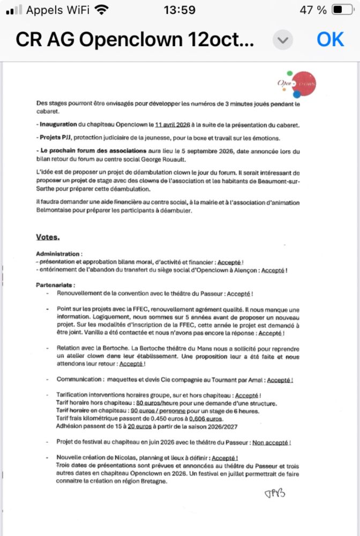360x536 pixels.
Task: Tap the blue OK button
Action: (x=330, y=39)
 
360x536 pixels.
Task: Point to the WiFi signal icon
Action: (x=100, y=10)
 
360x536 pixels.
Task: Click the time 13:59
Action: (x=180, y=10)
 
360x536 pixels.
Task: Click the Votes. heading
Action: (x=48, y=237)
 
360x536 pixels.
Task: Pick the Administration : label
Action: (x=59, y=253)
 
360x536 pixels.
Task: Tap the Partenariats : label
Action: (x=56, y=285)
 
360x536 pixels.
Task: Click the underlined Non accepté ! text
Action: (x=272, y=443)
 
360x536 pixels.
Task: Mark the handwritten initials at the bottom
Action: (x=275, y=493)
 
